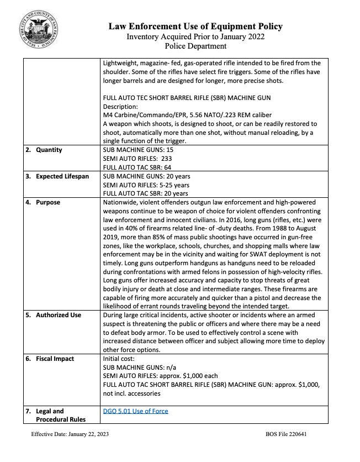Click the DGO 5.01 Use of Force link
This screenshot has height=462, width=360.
(135, 411)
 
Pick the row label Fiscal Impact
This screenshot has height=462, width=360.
(55, 359)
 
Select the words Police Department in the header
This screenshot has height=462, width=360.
(195, 46)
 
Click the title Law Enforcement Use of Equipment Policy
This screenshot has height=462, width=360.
(195, 26)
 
